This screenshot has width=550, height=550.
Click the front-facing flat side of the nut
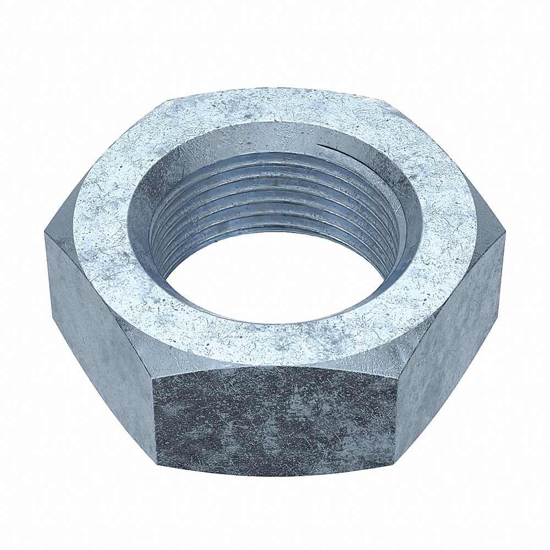[x=275, y=421]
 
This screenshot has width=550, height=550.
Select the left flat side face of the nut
[x=99, y=319]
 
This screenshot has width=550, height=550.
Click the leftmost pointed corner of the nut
[x=45, y=234]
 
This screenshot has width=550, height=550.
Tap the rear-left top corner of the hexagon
[x=165, y=102]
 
